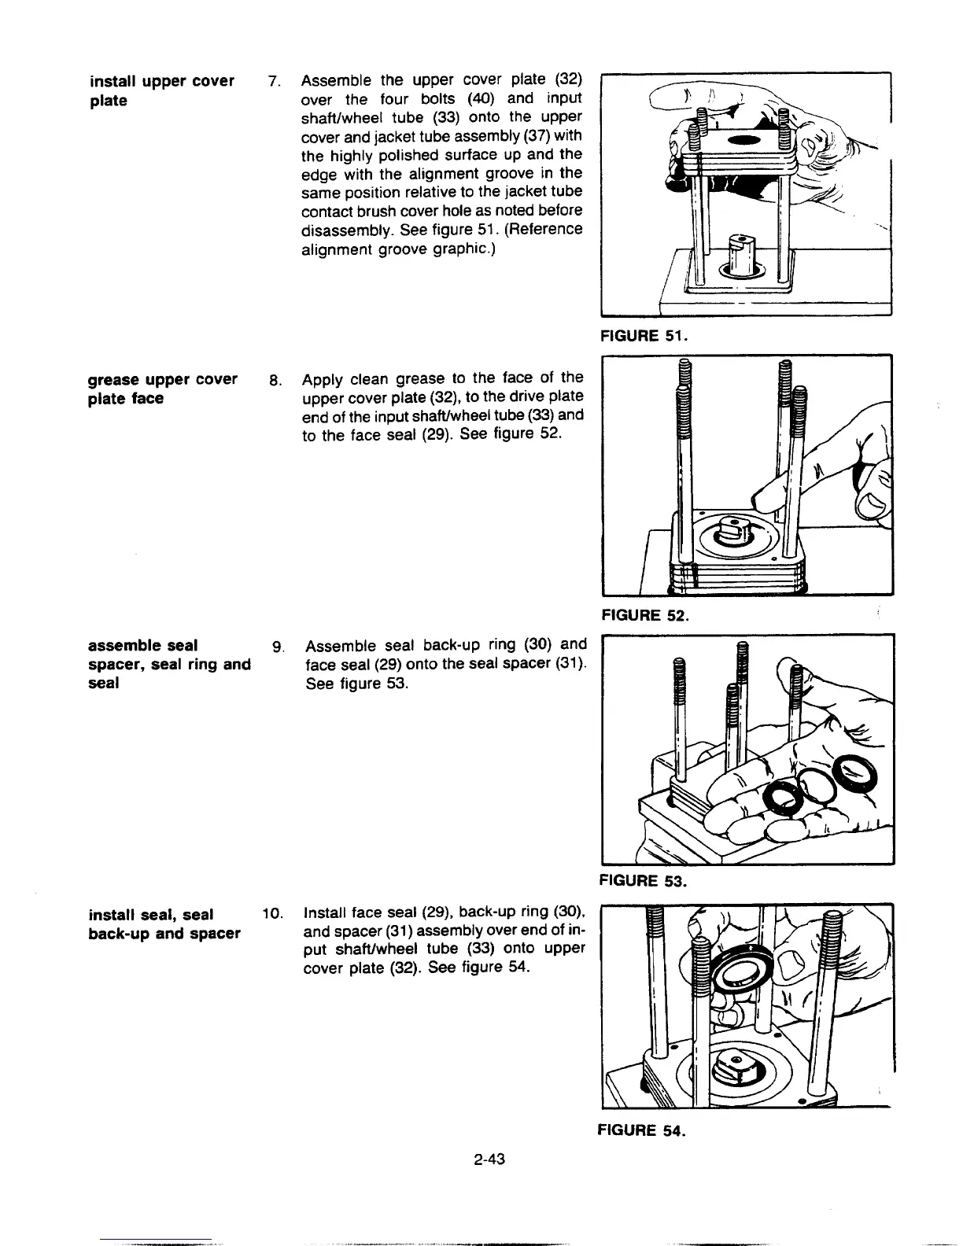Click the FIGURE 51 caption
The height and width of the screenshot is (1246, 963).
[644, 337]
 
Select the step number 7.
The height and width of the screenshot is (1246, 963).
[273, 81]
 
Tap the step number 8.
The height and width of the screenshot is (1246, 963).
[274, 380]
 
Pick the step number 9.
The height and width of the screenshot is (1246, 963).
[276, 647]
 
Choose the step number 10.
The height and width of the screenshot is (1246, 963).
[272, 915]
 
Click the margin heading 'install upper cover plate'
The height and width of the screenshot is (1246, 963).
[161, 90]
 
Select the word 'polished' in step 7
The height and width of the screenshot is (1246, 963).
[406, 154]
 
